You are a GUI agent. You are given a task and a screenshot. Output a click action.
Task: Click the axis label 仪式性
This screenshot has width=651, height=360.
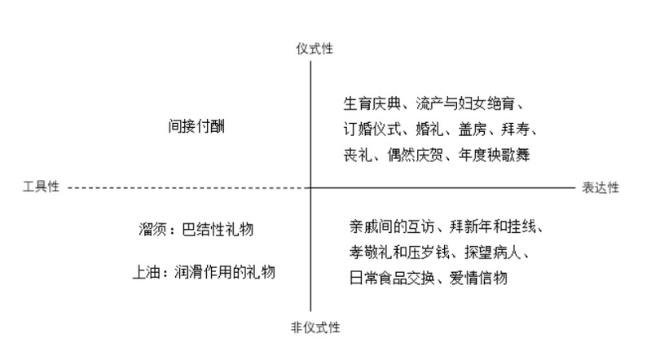[x=315, y=49]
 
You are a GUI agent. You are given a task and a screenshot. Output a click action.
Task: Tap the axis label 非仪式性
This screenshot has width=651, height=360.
[x=315, y=327]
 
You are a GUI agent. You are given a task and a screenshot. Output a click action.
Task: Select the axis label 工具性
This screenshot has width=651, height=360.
[x=41, y=187]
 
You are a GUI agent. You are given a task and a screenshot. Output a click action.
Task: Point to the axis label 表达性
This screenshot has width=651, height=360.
[x=600, y=187]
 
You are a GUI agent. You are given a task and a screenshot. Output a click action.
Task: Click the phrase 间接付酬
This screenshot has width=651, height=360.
[x=196, y=126]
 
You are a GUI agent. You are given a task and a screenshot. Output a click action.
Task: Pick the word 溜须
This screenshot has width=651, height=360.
[x=153, y=229]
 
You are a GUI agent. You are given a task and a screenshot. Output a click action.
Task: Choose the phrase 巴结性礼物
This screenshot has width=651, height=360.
[x=218, y=229]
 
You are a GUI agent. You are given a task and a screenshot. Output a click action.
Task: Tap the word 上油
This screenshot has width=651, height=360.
[x=146, y=272]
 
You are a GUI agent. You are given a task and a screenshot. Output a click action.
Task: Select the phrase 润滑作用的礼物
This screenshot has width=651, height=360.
[x=225, y=272]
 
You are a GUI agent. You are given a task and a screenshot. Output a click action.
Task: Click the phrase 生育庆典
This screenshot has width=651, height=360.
[x=372, y=103]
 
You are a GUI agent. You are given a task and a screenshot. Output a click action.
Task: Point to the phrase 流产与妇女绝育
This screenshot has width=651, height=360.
[x=465, y=103]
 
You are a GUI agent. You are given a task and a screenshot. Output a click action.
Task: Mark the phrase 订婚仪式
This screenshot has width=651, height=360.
[x=372, y=130]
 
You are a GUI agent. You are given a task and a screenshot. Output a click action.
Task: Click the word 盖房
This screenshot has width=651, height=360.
[x=472, y=130]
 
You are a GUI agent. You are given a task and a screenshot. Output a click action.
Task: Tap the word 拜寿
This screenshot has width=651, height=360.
[x=515, y=130]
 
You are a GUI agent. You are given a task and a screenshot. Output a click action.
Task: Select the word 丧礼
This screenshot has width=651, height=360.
[x=358, y=156]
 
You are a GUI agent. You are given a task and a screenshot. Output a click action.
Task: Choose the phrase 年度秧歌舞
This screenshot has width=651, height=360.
[x=494, y=156]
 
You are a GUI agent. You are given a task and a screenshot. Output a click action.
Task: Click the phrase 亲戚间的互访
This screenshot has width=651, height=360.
[x=392, y=226]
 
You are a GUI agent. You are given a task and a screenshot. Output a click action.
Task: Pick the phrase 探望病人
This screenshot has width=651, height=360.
[x=492, y=252]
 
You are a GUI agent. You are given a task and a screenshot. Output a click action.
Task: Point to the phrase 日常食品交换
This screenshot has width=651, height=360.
[x=392, y=279]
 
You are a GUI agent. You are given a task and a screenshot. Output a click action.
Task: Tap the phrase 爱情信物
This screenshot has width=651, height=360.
[x=478, y=279]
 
